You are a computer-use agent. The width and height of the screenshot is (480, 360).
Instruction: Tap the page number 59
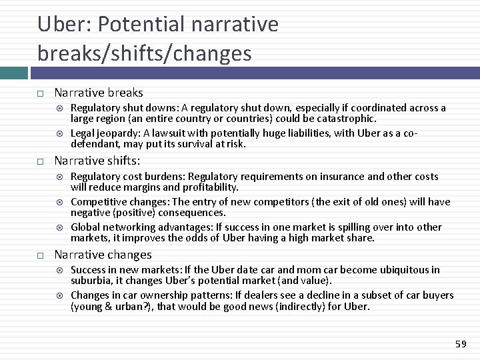pos(460,343)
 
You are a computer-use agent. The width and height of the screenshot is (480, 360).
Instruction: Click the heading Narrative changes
pos(103,255)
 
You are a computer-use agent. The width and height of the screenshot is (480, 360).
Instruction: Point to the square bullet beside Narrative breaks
pos(41,93)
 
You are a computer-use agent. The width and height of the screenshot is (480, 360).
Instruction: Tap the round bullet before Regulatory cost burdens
pos(61,177)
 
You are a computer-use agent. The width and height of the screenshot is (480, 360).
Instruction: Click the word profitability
pos(205,187)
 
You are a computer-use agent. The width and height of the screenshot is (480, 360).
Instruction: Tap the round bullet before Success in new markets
pos(61,270)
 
